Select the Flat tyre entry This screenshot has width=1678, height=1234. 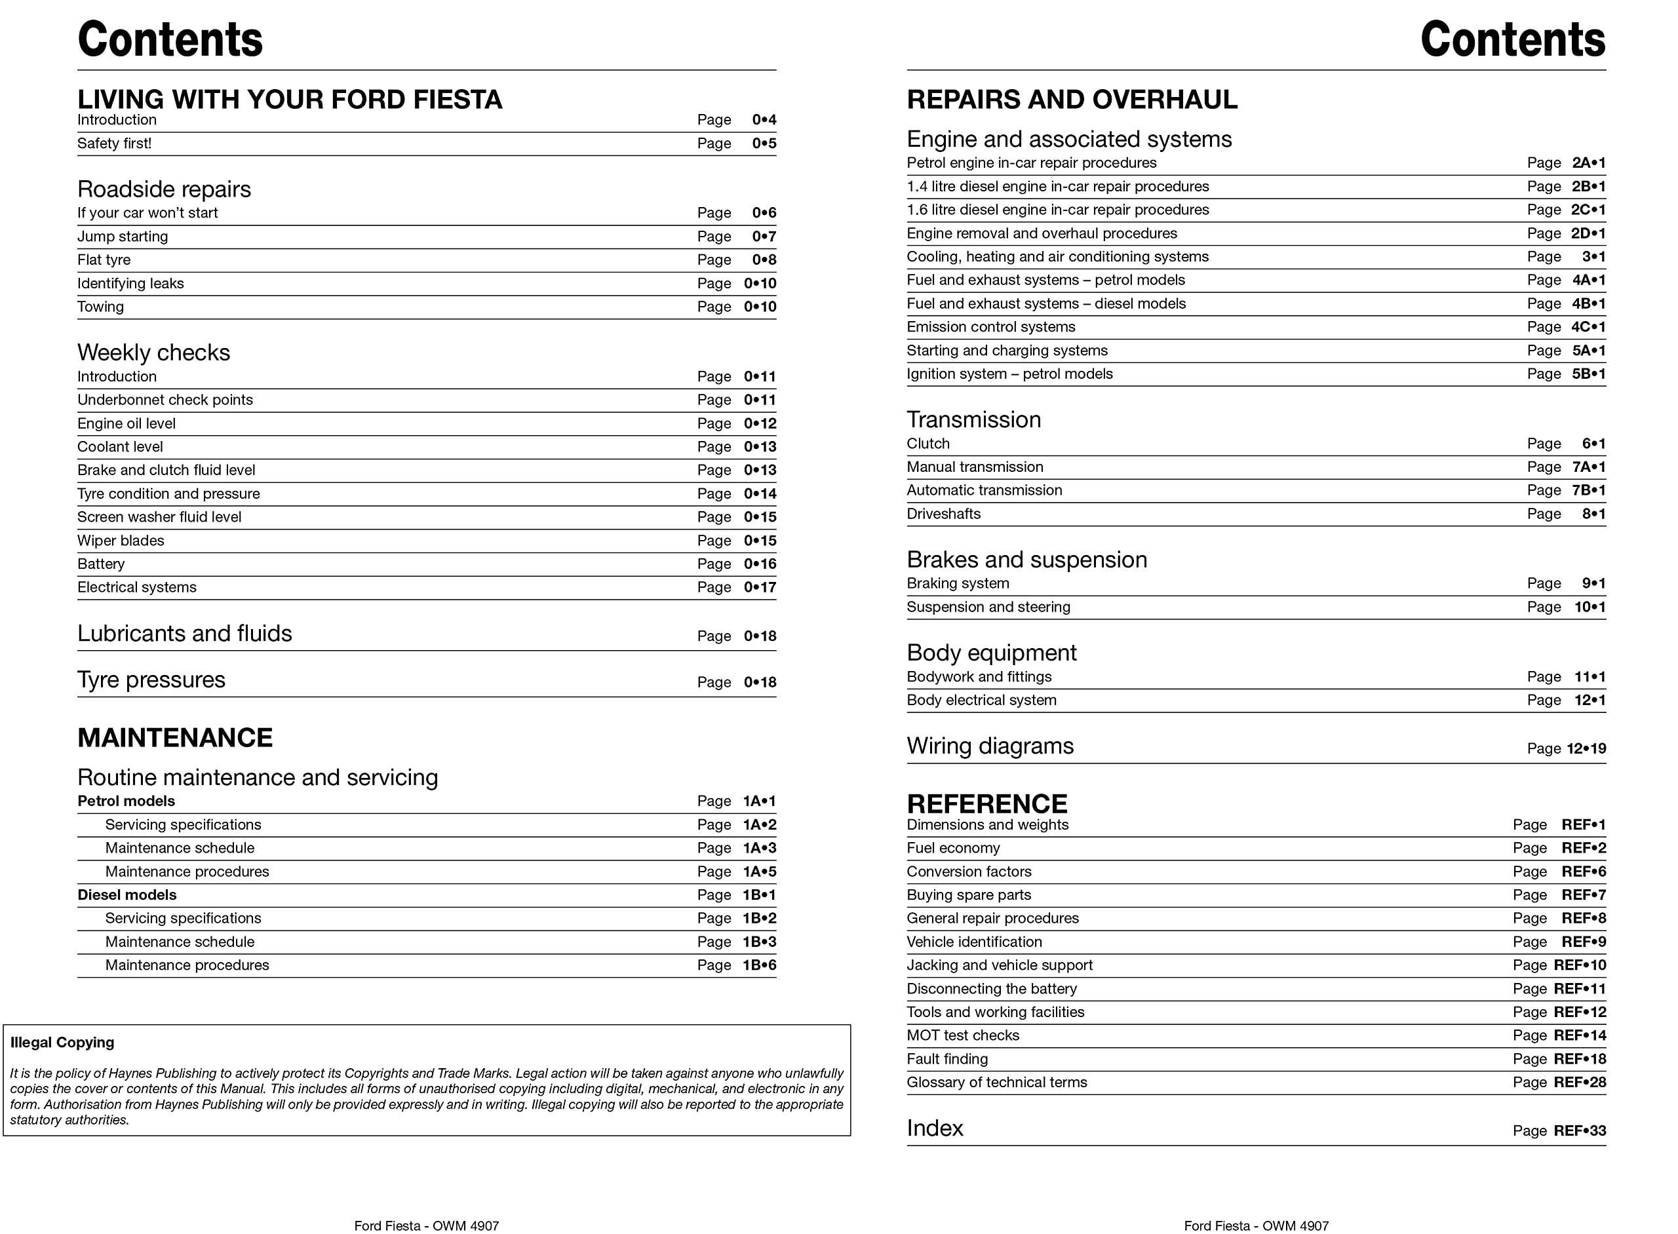tap(104, 260)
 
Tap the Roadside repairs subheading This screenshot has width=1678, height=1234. tap(164, 189)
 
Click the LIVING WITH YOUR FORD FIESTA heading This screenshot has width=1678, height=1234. tap(290, 100)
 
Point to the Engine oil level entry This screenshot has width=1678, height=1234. tap(127, 423)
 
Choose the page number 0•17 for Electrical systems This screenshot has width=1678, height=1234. tap(760, 587)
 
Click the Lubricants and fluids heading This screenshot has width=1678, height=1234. tap(185, 634)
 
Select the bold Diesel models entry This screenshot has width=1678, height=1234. tap(127, 895)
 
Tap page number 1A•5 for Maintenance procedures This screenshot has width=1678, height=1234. tap(759, 872)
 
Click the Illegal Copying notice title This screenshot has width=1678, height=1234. tap(62, 1042)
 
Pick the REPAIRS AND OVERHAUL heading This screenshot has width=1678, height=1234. tap(1071, 100)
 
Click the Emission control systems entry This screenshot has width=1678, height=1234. tap(990, 327)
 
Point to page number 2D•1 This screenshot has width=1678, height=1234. tap(1588, 233)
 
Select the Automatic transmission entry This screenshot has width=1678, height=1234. tap(984, 490)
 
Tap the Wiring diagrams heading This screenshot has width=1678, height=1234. tap(990, 746)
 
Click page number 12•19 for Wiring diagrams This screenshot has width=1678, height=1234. tap(1586, 748)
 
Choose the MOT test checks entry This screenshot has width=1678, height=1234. tap(962, 1035)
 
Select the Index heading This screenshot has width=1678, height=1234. tap(935, 1128)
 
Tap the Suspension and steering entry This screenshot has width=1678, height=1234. tap(988, 607)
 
